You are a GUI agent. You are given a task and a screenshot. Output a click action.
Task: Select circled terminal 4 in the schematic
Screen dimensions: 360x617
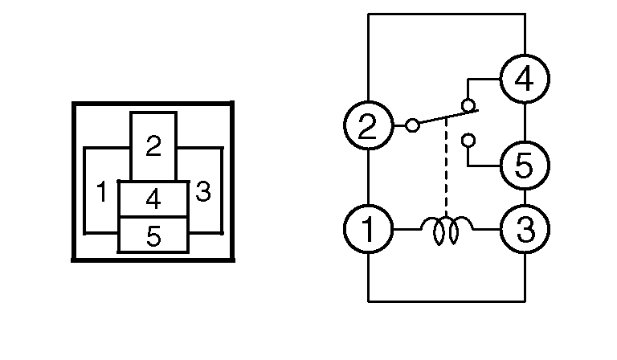[x=525, y=80]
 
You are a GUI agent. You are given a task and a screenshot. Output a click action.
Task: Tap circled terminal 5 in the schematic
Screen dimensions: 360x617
[x=525, y=166]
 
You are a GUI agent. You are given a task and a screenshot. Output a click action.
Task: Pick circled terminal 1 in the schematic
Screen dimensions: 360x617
[x=368, y=230]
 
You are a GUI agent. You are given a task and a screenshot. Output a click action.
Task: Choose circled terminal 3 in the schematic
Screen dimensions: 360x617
[x=525, y=230]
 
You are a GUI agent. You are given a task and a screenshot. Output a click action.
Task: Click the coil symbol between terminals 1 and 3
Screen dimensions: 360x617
[x=446, y=230]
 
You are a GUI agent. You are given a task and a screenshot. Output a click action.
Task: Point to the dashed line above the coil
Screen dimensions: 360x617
[x=446, y=173]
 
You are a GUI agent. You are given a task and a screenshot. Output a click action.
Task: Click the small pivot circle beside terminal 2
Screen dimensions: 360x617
[x=412, y=125]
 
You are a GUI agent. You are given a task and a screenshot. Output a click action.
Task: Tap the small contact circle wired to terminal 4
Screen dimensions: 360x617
[x=468, y=105]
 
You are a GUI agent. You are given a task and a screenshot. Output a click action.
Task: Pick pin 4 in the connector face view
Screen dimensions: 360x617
[x=153, y=198]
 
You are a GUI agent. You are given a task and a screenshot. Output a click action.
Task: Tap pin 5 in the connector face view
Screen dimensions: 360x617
[x=153, y=235]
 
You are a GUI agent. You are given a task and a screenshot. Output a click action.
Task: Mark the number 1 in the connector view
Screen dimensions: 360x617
[x=102, y=193]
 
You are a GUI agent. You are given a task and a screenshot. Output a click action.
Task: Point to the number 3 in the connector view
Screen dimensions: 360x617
[x=203, y=193]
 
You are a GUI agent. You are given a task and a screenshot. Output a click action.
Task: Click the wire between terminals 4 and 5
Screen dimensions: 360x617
[x=525, y=123]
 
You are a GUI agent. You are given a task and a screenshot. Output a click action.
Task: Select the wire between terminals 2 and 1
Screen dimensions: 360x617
[x=368, y=178]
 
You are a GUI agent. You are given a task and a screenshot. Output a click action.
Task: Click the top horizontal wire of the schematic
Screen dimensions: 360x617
[x=446, y=14]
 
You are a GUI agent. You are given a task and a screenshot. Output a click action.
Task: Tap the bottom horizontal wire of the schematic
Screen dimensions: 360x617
[x=446, y=301]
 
